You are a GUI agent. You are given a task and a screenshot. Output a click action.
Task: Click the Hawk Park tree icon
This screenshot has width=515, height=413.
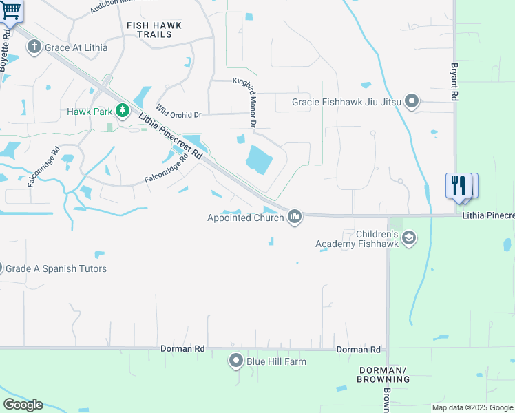click(123, 111)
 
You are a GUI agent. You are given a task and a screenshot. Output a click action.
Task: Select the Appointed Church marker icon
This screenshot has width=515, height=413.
click(295, 218)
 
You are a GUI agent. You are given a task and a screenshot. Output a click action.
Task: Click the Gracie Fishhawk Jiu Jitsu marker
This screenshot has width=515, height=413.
click(412, 102)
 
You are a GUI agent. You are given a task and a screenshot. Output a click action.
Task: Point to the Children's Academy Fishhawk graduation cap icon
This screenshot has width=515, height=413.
click(409, 238)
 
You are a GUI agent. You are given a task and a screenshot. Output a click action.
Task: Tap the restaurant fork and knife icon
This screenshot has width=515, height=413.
click(459, 185)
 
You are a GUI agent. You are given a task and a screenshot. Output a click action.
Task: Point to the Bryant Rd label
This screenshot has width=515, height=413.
click(454, 83)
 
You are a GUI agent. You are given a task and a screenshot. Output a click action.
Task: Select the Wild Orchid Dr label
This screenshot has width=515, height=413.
click(178, 112)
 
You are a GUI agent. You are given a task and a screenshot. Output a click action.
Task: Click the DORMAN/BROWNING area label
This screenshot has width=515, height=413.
click(383, 374)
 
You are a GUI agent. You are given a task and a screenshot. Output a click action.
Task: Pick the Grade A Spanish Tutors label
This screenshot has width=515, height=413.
click(56, 268)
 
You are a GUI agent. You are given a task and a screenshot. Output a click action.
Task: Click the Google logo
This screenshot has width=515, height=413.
click(23, 405)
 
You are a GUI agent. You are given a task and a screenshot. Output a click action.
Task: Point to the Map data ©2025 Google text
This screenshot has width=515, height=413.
click(472, 407)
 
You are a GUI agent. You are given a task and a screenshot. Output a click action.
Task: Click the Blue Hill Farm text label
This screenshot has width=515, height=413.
click(278, 361)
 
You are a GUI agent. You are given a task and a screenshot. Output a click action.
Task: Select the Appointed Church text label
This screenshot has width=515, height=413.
click(245, 218)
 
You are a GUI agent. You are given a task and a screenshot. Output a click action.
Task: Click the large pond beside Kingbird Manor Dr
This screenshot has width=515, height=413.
click(259, 161)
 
